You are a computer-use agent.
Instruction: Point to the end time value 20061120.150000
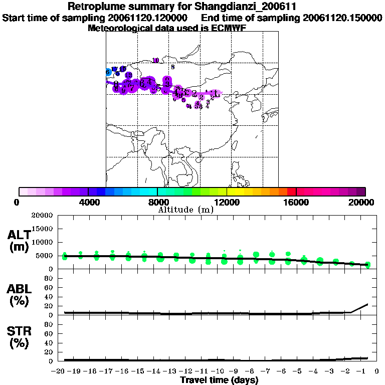pyautogui.click(x=343, y=18)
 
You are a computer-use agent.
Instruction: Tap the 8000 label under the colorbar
pyautogui.click(x=157, y=202)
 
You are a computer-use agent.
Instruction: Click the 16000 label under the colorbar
pyautogui.click(x=296, y=202)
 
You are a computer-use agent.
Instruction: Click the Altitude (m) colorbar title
pyautogui.click(x=185, y=210)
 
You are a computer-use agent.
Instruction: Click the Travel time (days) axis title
pyautogui.click(x=219, y=380)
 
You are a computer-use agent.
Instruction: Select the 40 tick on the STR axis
pyautogui.click(x=49, y=343)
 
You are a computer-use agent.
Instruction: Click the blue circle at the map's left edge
pyautogui.click(x=108, y=72)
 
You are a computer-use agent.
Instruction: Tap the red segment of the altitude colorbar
pyautogui.click(x=291, y=191)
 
